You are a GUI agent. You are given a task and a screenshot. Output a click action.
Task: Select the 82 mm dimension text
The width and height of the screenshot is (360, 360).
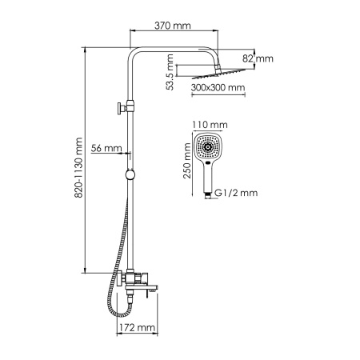258,58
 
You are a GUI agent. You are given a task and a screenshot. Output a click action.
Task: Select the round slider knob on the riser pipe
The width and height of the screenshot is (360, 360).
129,175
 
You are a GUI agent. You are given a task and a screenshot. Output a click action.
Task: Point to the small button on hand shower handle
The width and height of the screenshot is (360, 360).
210,166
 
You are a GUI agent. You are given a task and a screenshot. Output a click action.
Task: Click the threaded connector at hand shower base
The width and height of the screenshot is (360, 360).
210,193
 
